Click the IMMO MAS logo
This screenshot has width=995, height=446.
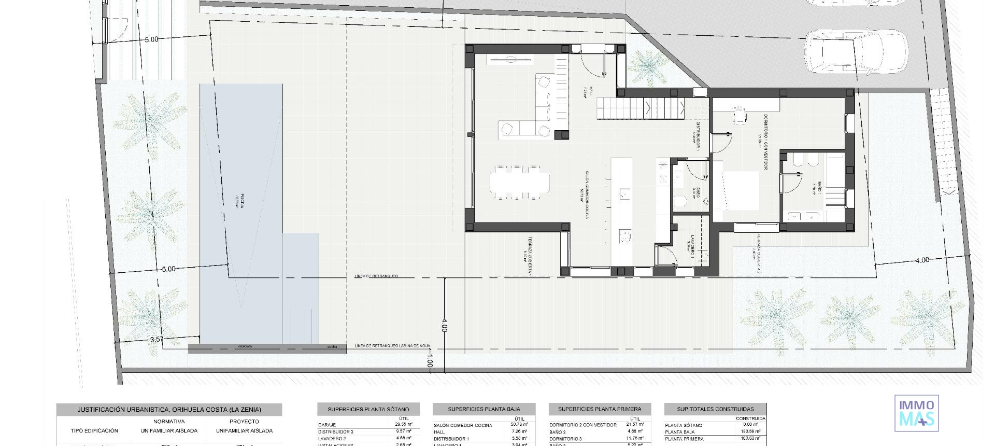tap(916, 413)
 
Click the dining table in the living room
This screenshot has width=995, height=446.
tap(519, 183)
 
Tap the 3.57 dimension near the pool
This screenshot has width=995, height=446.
tap(157, 340)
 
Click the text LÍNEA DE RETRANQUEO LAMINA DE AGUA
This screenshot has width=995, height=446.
tap(392, 346)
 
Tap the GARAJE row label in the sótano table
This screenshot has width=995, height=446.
tap(327, 425)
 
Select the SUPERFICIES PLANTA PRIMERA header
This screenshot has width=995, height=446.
tap(600, 409)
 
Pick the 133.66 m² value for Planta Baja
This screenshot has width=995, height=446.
tap(750, 431)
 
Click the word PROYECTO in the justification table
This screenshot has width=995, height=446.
tap(244, 422)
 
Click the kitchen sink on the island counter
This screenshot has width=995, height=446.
tap(624, 194)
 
